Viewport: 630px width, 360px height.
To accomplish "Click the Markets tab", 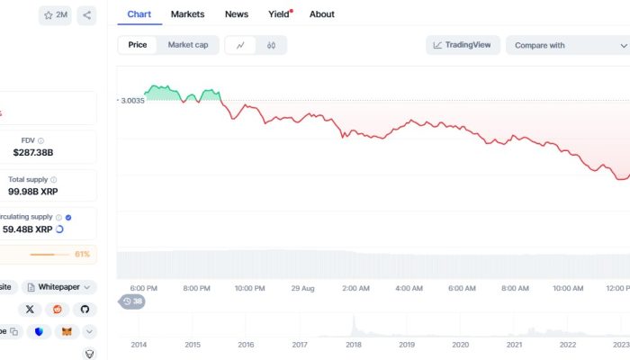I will tap(187, 14).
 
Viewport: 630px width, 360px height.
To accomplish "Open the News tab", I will tap(237, 14).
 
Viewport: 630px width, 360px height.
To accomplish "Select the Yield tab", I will tap(280, 14).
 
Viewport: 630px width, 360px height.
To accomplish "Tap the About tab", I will tap(321, 14).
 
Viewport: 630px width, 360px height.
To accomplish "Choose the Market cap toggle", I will tap(188, 45).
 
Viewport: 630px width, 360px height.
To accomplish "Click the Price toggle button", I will tap(138, 45).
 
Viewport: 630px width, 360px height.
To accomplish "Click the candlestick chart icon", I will tap(271, 45).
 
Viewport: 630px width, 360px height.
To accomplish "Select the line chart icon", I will tap(240, 45).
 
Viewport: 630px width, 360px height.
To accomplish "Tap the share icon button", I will tap(86, 15).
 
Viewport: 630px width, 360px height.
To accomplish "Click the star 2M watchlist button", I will tap(55, 15).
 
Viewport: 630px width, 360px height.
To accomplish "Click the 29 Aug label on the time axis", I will tap(302, 289).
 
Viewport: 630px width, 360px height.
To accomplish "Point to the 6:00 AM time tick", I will tap(462, 289).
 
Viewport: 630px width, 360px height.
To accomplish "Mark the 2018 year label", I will tap(354, 345).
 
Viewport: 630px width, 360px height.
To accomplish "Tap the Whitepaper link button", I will tap(59, 287).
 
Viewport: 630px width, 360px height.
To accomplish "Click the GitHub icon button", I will tap(85, 309).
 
